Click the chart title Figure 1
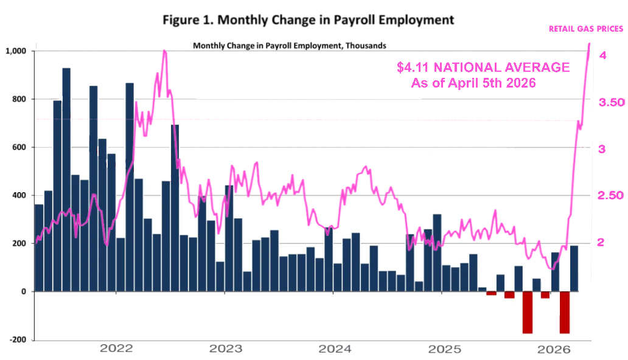click(308, 19)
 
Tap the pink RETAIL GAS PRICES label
click(586, 29)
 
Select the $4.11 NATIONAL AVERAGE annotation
click(483, 67)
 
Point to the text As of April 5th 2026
click(473, 83)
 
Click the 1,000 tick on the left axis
click(16, 51)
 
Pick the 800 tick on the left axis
click(19, 99)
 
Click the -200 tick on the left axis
click(18, 340)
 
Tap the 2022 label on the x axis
click(116, 349)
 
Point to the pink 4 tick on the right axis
click(602, 55)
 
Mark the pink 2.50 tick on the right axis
click(612, 195)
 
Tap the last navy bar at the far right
click(574, 268)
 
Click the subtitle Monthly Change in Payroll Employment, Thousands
click(289, 45)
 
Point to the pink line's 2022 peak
click(164, 52)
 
